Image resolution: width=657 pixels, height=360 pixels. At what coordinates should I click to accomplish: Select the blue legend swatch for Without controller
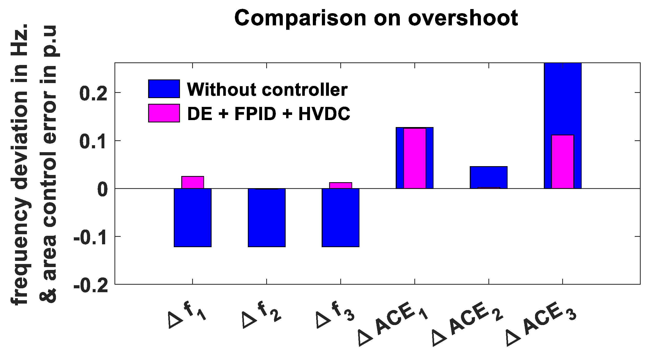(164, 89)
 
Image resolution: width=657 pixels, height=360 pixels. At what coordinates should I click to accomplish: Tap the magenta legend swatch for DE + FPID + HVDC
(164, 113)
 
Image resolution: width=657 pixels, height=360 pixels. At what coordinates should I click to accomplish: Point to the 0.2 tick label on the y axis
(93, 94)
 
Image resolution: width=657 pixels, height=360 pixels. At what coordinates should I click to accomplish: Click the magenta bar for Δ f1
(192, 182)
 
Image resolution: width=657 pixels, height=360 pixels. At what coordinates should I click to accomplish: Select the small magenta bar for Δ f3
(341, 186)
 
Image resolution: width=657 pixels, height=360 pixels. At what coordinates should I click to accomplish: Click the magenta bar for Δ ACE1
(415, 158)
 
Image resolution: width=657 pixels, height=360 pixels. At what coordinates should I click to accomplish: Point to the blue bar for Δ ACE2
(488, 176)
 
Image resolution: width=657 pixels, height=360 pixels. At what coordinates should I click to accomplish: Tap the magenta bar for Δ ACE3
(562, 162)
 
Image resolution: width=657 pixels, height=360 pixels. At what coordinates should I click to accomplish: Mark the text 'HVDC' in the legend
(324, 114)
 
